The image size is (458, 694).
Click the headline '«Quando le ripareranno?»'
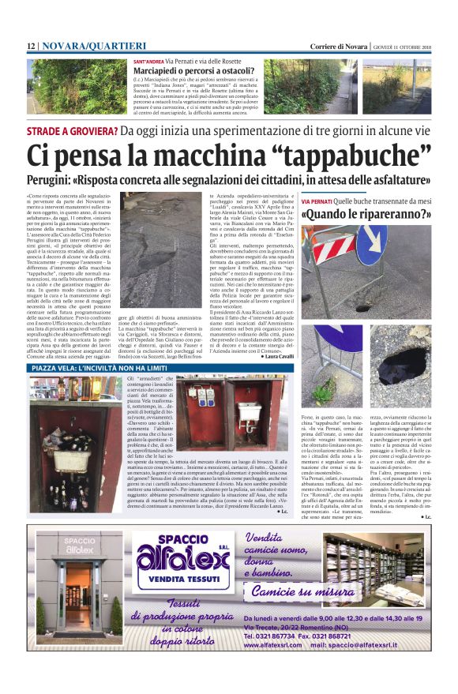pos(366,213)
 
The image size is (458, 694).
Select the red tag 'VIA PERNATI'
pos(317,201)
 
